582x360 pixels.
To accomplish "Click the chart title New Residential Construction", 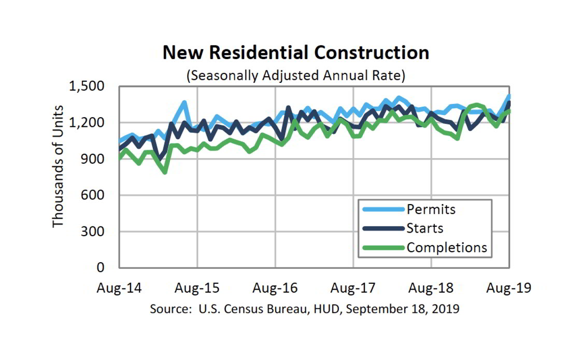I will (x=296, y=53).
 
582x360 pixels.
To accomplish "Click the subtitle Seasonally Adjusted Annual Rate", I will (x=296, y=75).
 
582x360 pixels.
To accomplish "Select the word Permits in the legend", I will (x=431, y=209).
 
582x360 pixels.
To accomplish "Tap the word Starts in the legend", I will (x=425, y=228).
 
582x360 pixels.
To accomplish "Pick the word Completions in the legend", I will (x=447, y=247).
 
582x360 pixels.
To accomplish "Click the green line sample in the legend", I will (x=382, y=247).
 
